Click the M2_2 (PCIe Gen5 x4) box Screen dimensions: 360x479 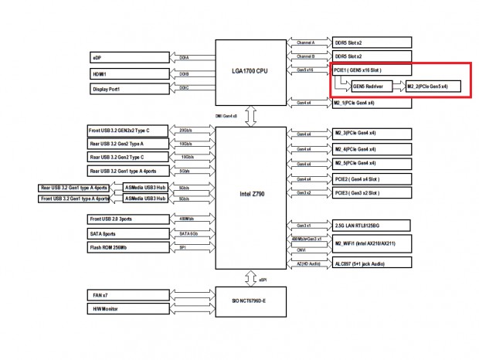[x=437, y=87]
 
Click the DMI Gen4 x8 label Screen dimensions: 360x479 [x=229, y=116]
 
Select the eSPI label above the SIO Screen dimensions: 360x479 [x=263, y=279]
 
